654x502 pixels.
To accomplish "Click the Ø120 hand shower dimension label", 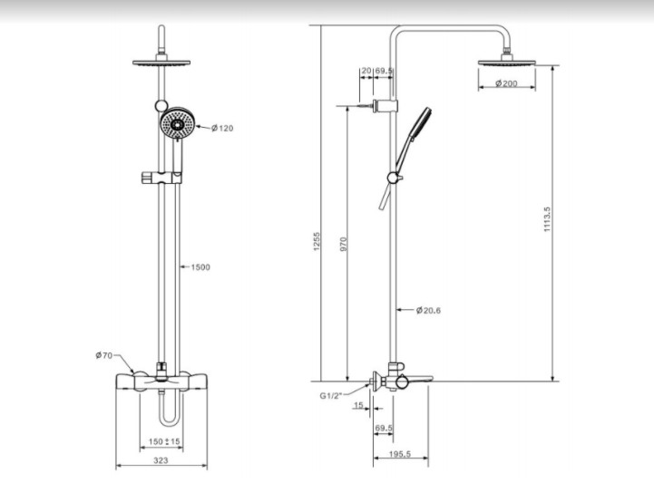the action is [222, 129].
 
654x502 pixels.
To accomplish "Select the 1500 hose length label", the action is [200, 267].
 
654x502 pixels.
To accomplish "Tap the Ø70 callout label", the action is [103, 355].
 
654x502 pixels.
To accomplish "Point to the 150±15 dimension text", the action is [164, 441].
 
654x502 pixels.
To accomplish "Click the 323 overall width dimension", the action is [161, 460].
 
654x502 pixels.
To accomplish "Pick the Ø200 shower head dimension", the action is [506, 83].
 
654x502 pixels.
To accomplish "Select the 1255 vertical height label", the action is [317, 242].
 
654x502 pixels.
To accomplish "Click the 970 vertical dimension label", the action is [343, 244].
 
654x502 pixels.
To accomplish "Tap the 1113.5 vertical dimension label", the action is [547, 219].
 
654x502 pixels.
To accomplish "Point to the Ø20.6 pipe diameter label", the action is [428, 311].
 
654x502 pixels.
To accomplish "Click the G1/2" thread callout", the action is [331, 396].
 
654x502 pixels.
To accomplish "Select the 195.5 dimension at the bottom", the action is [400, 454].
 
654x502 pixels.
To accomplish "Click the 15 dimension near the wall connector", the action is [358, 405].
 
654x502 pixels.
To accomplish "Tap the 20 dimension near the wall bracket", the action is [366, 71].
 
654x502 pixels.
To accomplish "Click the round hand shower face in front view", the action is [177, 124].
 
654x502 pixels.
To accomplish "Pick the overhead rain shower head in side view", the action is [506, 62].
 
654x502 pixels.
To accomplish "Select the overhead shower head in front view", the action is [161, 63].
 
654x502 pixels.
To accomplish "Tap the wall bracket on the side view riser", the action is [385, 106].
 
